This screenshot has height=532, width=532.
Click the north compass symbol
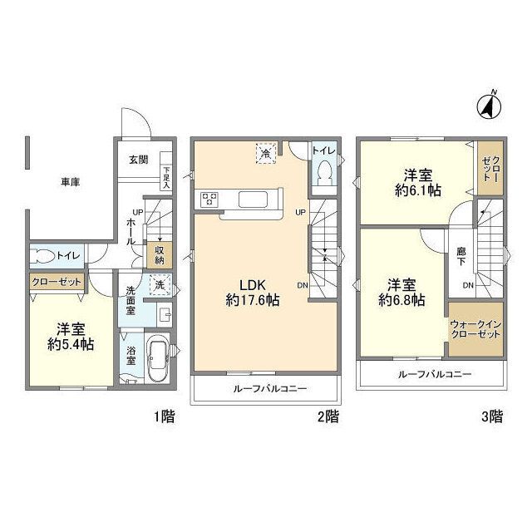(x=490, y=105)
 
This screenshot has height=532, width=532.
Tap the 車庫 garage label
(x=70, y=181)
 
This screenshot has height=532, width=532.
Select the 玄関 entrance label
(x=138, y=160)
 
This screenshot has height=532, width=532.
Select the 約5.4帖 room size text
(x=70, y=344)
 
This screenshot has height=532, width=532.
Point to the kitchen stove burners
(x=209, y=199)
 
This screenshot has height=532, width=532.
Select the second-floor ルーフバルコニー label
(x=265, y=388)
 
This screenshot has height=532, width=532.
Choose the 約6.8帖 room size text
(x=401, y=299)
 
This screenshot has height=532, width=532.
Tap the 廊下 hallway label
(x=461, y=255)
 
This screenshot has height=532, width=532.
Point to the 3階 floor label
(x=492, y=417)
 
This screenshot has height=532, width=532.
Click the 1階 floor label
(x=164, y=417)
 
